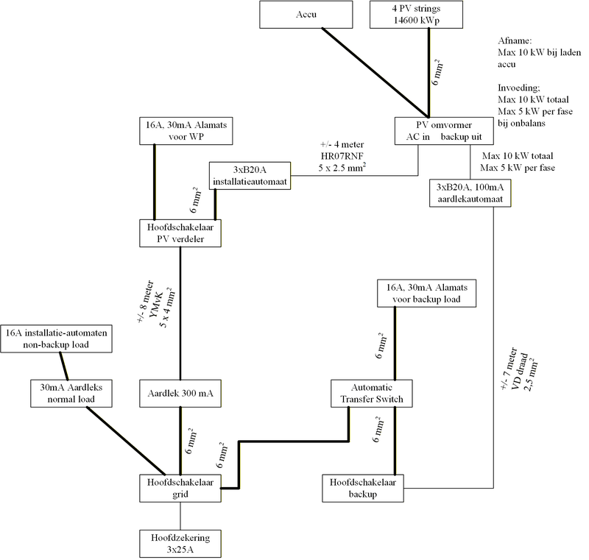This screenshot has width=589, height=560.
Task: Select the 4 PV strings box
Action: [x=428, y=14]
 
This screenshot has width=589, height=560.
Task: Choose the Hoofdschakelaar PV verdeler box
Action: [x=180, y=233]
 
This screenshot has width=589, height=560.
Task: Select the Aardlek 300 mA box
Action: [x=180, y=394]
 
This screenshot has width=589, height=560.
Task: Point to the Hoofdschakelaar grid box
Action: [x=180, y=488]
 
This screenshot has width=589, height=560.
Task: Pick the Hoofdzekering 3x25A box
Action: [x=180, y=543]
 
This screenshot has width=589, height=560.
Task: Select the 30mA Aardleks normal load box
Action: [x=72, y=394]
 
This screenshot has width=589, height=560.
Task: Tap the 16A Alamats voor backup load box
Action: [x=426, y=292]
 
